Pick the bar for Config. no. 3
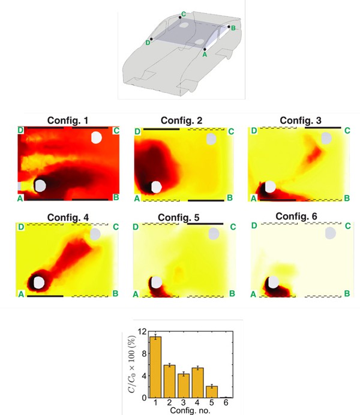[183, 385]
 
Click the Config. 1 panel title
[68, 121]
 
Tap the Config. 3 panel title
[301, 121]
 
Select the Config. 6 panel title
[299, 216]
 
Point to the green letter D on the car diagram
[147, 43]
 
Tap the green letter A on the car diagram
[205, 54]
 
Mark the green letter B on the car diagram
[233, 28]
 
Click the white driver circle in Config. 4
[40, 282]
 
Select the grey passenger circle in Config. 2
[211, 139]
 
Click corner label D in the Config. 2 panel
[137, 131]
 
